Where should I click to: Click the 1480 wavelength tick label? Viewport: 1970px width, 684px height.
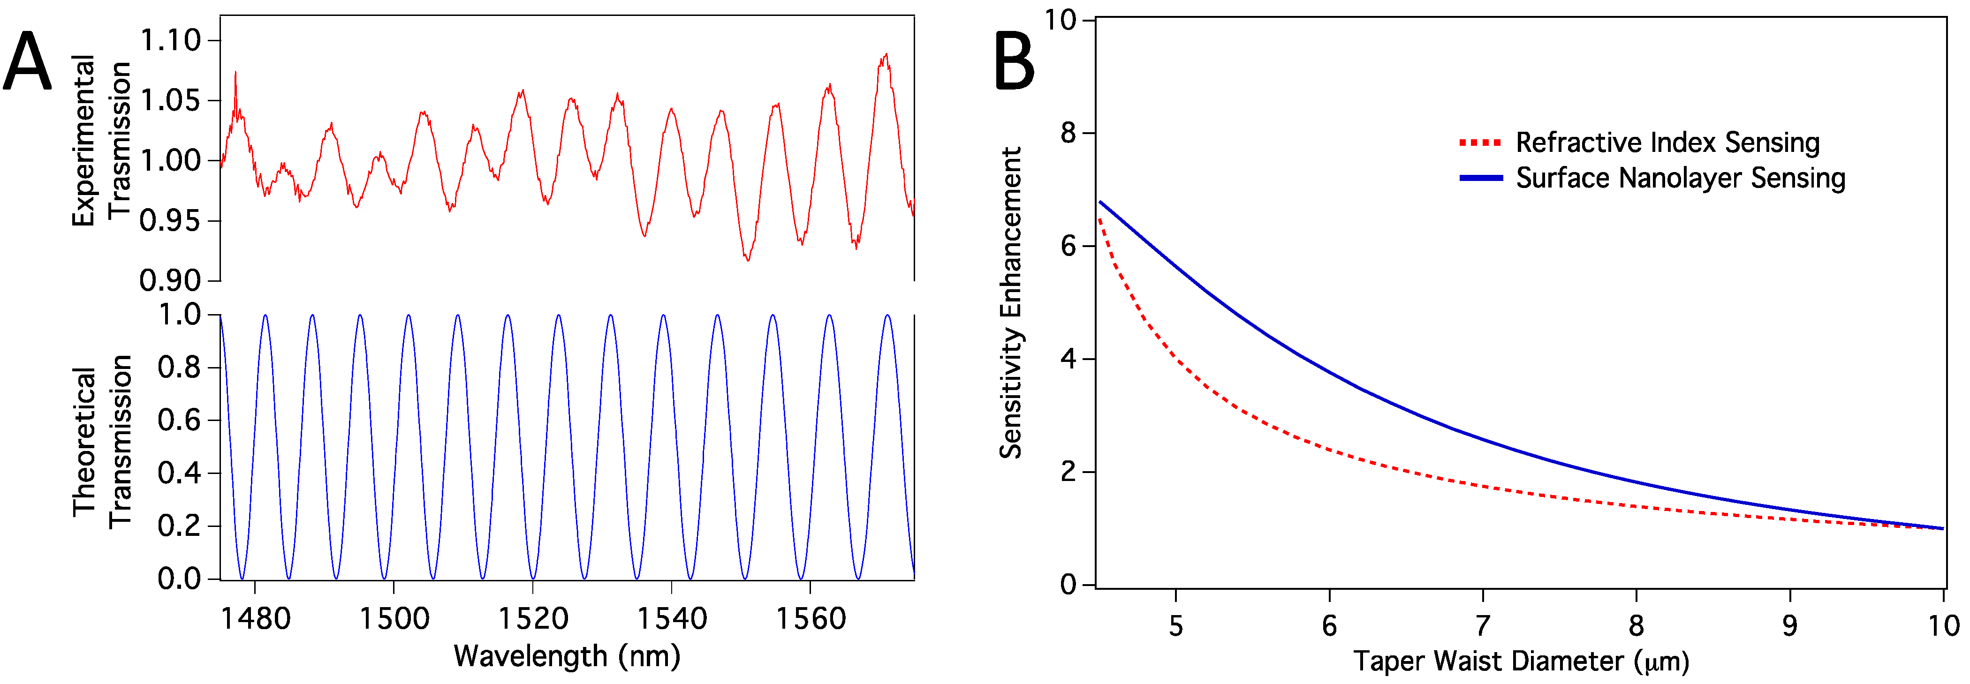[256, 618]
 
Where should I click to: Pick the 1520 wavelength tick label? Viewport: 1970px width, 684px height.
[533, 618]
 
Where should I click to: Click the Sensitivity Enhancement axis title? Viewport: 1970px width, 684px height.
[1011, 303]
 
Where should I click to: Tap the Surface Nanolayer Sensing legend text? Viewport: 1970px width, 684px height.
[1680, 178]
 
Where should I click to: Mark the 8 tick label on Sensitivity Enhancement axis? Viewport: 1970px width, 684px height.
[1068, 133]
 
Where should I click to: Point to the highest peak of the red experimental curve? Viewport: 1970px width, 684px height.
[886, 55]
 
